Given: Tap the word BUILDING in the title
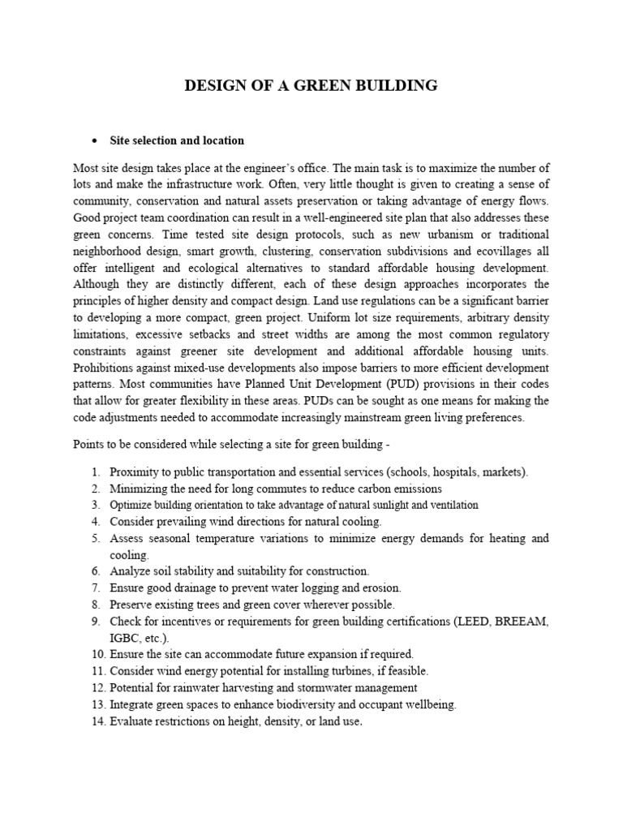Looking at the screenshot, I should point(397,85).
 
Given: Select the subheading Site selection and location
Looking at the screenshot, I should point(178,140).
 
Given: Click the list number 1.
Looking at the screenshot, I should point(95,472).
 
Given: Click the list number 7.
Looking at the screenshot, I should point(95,588).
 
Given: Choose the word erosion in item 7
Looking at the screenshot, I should point(381,588).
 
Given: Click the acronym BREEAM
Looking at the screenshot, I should point(519,621).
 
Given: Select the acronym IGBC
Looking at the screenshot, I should point(124,637).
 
